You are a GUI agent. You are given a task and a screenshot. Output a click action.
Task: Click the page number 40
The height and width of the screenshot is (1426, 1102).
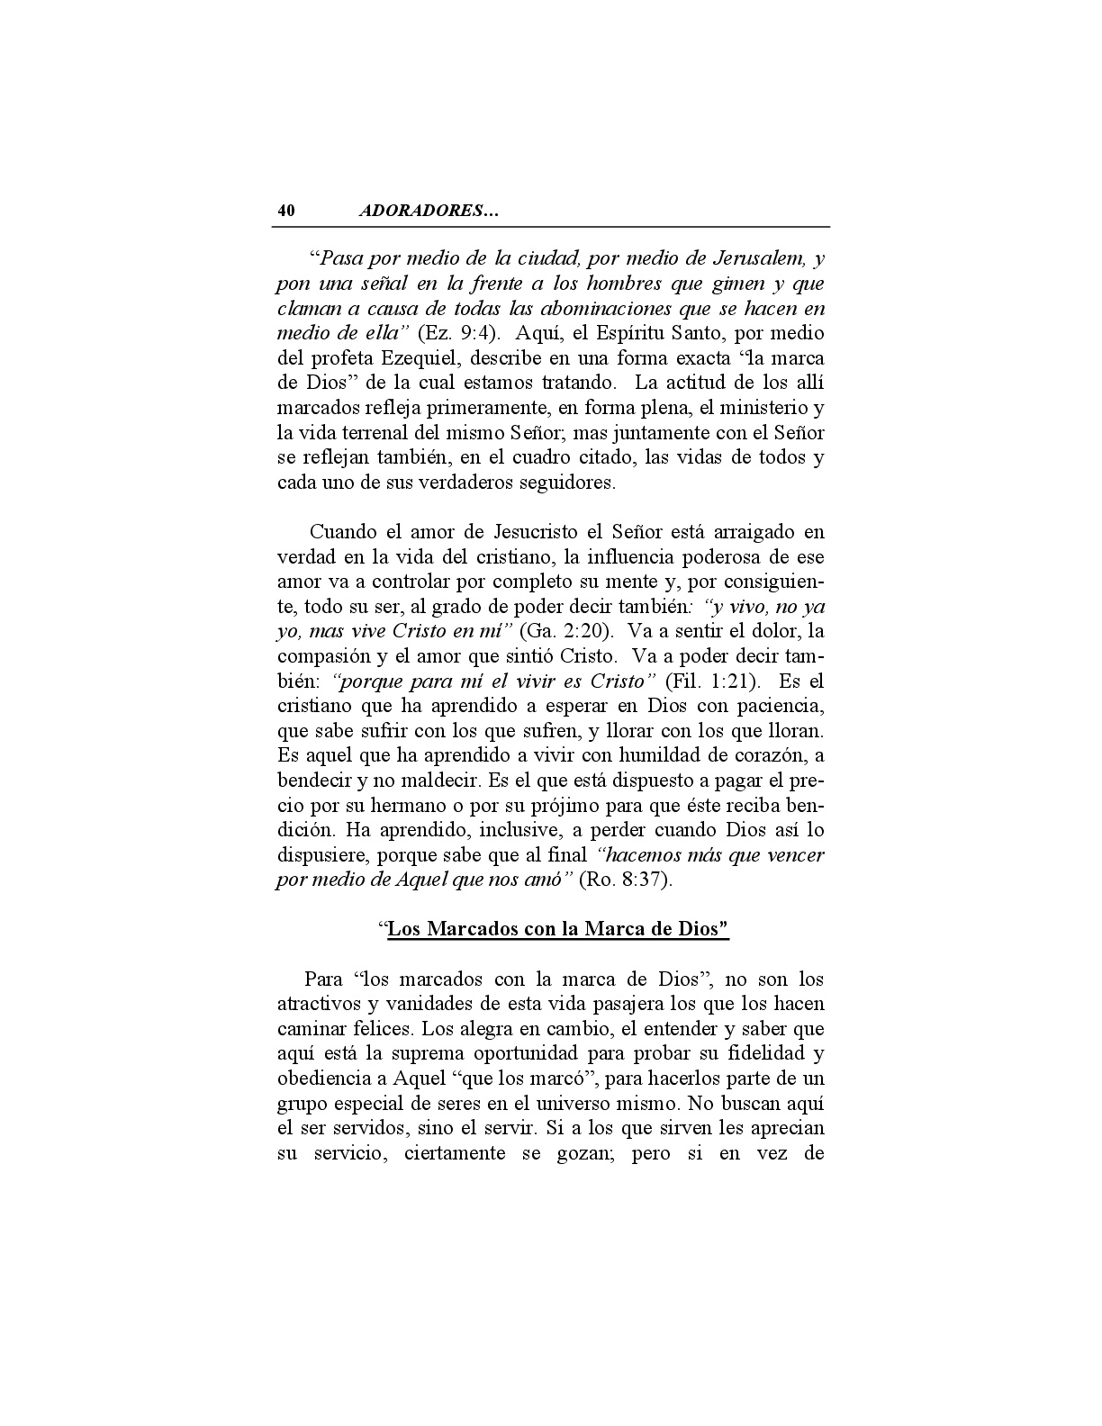click(x=285, y=212)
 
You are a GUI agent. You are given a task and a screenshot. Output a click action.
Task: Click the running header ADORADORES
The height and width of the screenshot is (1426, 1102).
click(x=429, y=212)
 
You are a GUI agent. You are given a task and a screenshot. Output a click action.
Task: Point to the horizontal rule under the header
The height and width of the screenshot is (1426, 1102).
click(x=551, y=227)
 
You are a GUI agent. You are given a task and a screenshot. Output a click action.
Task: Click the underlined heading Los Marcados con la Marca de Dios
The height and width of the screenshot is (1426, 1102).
click(x=556, y=929)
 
